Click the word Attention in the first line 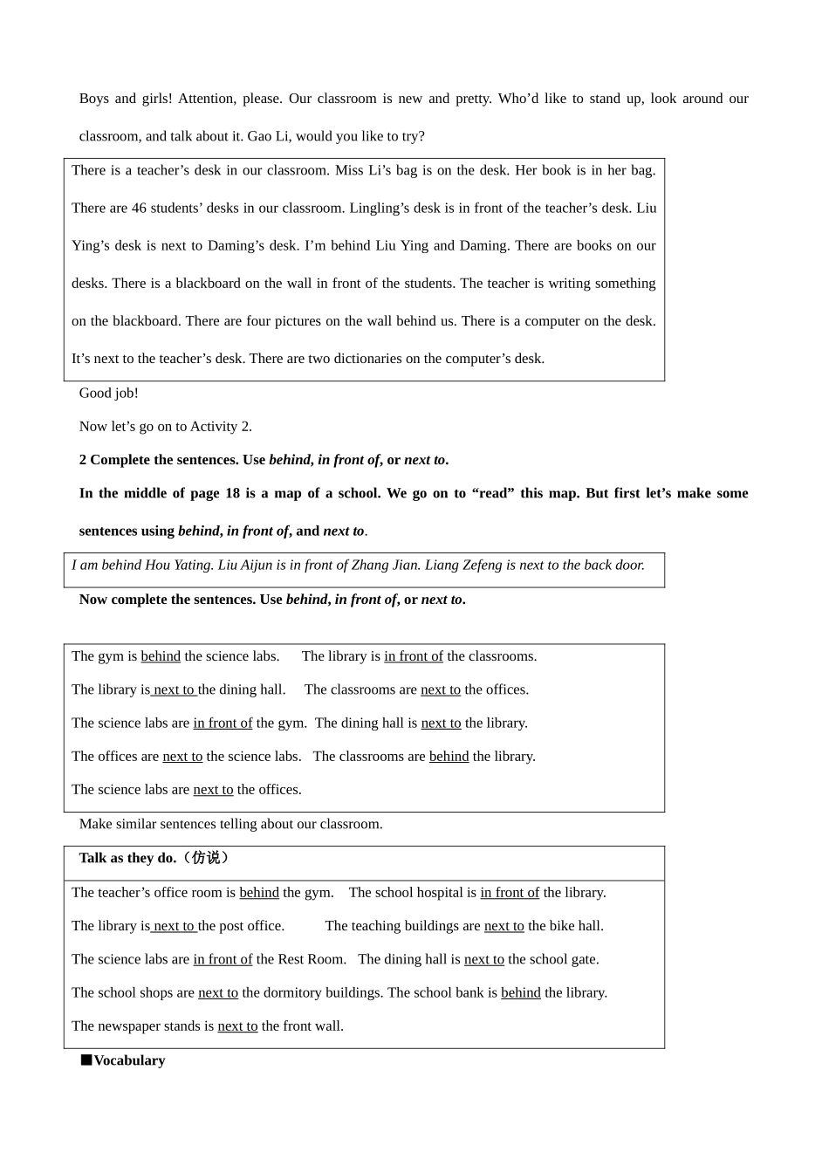click(x=207, y=99)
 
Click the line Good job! click(x=109, y=393)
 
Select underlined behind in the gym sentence click(x=161, y=656)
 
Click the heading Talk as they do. click(x=127, y=858)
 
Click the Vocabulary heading click(x=129, y=1060)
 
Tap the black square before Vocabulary click(x=86, y=1060)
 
